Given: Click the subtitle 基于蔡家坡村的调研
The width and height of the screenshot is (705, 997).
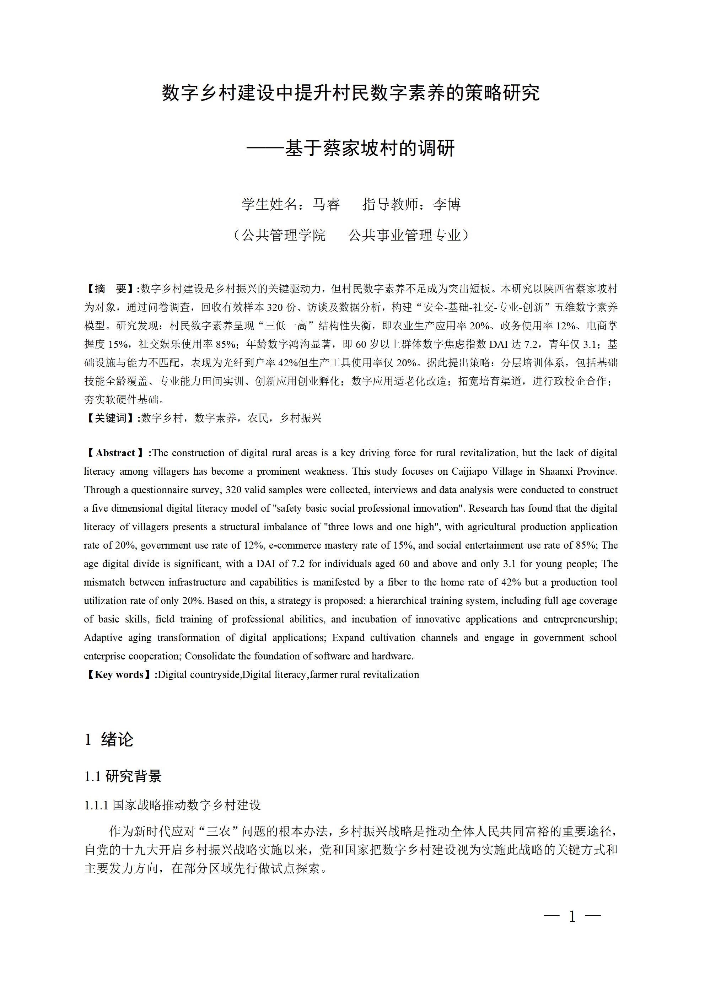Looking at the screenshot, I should (x=369, y=149).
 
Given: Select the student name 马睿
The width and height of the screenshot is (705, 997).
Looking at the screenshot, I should (x=326, y=204).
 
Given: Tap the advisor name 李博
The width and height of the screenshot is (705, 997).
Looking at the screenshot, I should (x=447, y=204).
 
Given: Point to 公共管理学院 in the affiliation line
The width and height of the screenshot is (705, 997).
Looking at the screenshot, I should (x=283, y=235).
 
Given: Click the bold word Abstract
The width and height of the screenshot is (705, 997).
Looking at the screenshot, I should (x=115, y=453).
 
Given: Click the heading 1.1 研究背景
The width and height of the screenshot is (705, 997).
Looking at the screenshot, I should (x=123, y=776).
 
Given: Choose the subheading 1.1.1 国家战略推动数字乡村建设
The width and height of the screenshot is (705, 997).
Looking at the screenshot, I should (x=172, y=805).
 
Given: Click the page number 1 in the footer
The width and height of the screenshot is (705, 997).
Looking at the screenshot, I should (x=572, y=917).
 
